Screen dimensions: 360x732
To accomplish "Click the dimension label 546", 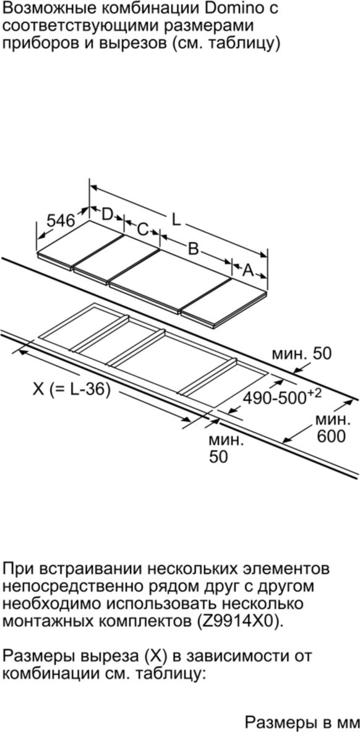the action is (60, 220).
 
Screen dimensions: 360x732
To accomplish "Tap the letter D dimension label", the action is (108, 214).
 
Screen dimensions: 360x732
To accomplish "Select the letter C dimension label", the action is (142, 229).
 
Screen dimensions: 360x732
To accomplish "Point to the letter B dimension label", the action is (193, 248).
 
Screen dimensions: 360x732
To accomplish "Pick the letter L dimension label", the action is (176, 220).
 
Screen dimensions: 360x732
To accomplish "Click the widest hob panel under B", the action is (171, 280).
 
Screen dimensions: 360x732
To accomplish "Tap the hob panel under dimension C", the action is (117, 259).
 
